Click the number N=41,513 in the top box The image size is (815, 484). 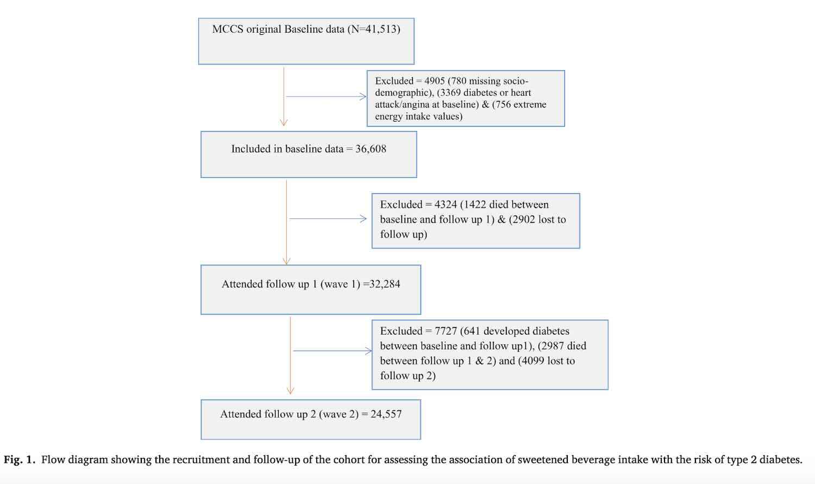pos(374,29)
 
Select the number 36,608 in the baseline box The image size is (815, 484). pos(371,149)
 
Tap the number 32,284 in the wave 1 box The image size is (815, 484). pos(384,284)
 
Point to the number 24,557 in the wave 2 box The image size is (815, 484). pos(386,414)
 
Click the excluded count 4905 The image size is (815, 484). pos(435,81)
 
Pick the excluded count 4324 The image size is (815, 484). pos(446,204)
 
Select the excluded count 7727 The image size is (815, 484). pos(446,331)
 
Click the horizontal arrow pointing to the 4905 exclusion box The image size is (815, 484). pos(326,96)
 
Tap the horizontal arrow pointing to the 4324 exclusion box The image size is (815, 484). pos(328,218)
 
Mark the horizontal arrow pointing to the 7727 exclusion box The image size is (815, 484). pos(332,350)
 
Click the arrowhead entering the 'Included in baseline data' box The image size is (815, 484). pos(284,123)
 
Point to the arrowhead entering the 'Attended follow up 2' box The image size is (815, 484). pos(290,391)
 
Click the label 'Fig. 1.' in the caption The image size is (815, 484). pos(20,460)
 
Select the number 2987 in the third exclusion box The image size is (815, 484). pos(553,346)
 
